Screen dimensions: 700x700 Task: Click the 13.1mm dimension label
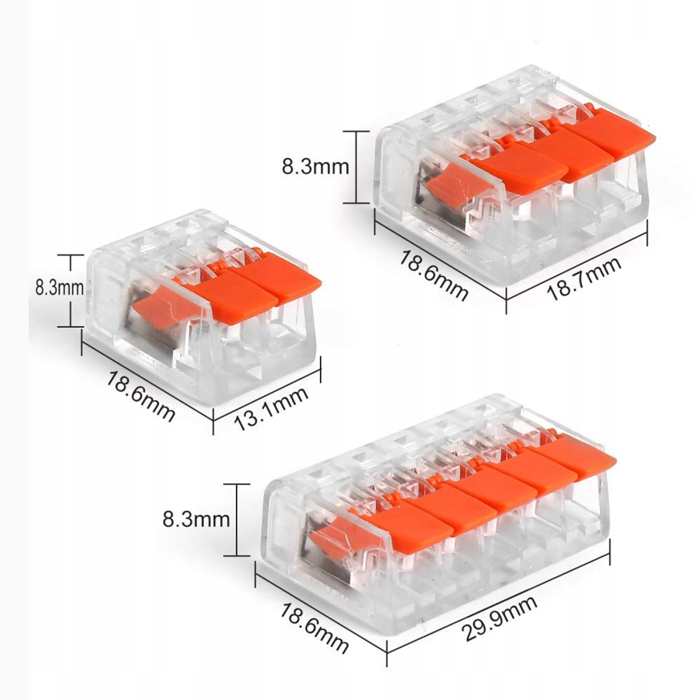coord(271,409)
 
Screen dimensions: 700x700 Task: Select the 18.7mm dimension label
coord(584,278)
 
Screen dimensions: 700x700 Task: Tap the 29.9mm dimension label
coord(499,618)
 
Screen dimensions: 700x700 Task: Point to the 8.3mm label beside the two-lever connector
coord(59,288)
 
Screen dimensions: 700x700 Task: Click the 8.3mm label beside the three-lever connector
coord(315,167)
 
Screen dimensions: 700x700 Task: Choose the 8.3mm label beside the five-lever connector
coord(196,519)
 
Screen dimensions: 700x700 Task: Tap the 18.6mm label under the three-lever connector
coord(433,277)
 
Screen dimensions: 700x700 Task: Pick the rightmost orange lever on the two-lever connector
coord(280,282)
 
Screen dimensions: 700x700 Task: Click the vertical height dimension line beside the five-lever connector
coord(237,520)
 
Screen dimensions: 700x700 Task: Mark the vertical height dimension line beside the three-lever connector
coord(356,167)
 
